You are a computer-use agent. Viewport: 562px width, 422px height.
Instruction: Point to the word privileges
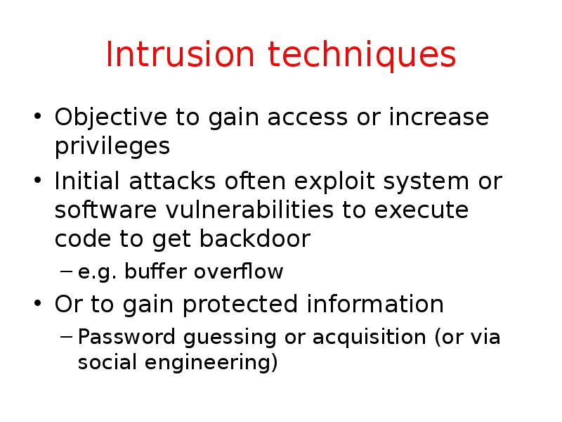112,146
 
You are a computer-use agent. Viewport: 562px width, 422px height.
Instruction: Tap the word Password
126,337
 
